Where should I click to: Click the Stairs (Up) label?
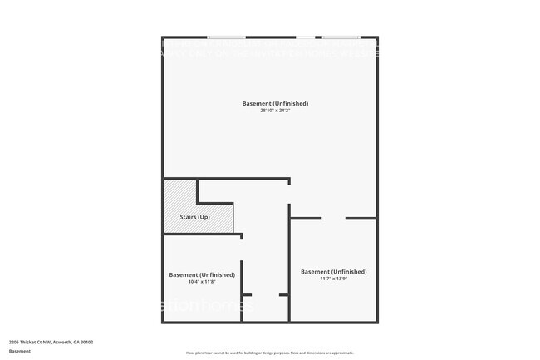[194, 217]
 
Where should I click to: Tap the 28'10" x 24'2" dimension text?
[275, 111]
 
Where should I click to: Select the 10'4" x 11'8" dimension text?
[202, 282]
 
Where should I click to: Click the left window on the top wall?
[226, 37]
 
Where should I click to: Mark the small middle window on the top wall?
[306, 37]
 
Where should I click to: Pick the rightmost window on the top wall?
[340, 37]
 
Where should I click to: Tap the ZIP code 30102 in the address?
[86, 342]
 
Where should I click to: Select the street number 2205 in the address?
[14, 342]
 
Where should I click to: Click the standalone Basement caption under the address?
[20, 351]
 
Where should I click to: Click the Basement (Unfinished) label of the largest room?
[275, 103]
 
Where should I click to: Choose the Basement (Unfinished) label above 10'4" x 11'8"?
[202, 274]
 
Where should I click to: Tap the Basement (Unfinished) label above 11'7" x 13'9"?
[333, 271]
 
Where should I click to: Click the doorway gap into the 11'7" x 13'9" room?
[332, 218]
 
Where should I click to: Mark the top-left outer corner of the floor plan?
[163, 37]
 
